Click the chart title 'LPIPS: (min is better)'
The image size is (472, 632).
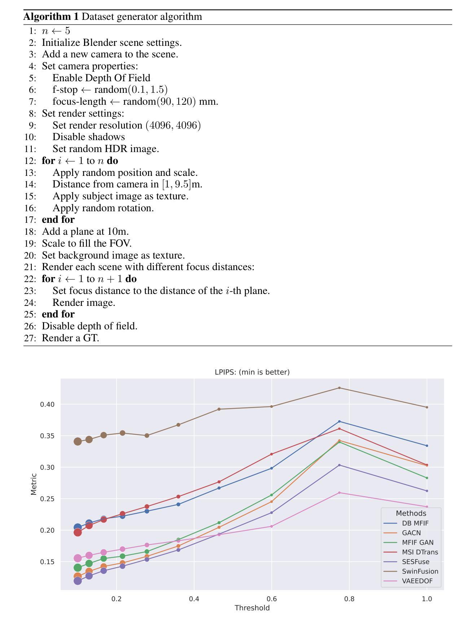[x=252, y=372]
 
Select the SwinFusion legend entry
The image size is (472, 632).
[x=420, y=571]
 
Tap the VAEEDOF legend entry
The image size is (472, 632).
[x=417, y=581]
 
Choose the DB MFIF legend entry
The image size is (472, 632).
[x=415, y=523]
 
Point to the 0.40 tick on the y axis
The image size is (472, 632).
[x=47, y=404]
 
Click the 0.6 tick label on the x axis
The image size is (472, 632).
[x=271, y=599]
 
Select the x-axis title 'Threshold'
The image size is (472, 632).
[x=252, y=608]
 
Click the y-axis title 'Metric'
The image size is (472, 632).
[x=34, y=484]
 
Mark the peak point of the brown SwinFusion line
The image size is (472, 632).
[x=339, y=388]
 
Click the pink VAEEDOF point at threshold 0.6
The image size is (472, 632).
[x=271, y=526]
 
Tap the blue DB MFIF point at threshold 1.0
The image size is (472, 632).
[x=427, y=446]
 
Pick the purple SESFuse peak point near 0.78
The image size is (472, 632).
[x=339, y=465]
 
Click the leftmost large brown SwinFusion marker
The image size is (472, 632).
[x=78, y=441]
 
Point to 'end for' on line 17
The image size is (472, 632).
[x=58, y=220]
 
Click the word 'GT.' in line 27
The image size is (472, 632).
[x=92, y=338]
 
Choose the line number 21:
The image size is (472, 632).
[x=30, y=267]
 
